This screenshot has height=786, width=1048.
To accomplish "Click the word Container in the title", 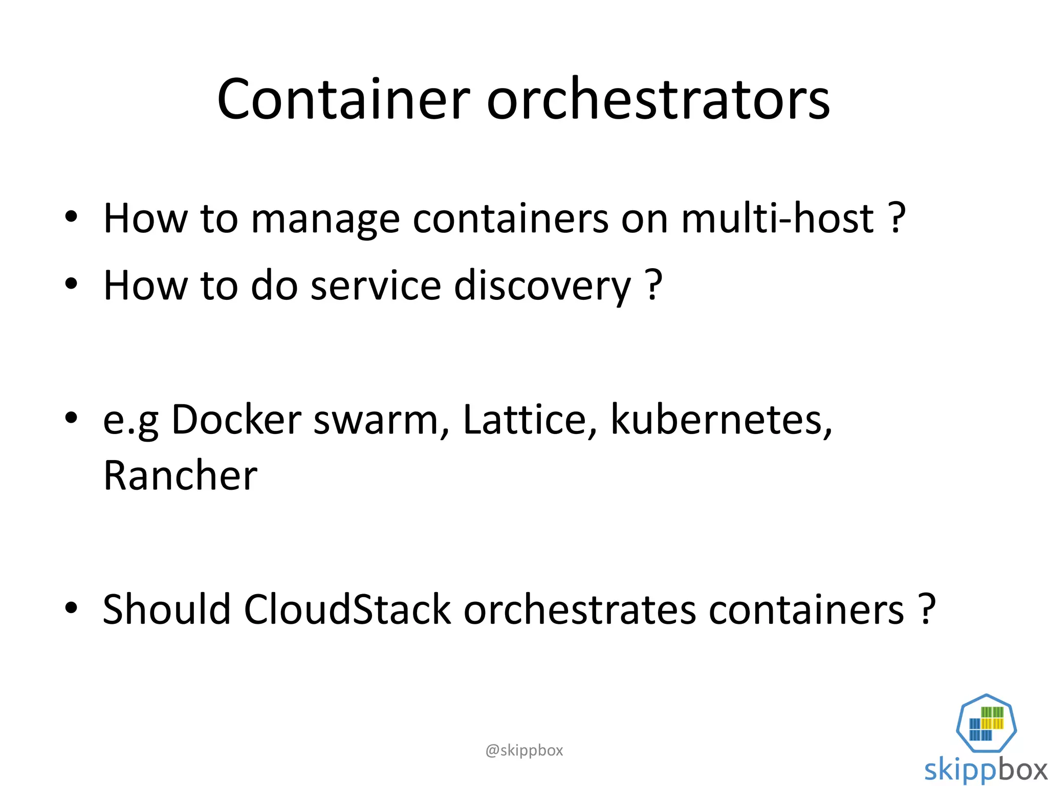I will [x=343, y=99].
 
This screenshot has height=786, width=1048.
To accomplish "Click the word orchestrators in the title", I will [x=658, y=99].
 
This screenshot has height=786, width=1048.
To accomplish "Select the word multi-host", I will [x=777, y=219].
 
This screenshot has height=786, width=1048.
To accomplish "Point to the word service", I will [x=376, y=286].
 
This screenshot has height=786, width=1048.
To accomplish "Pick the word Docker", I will [x=236, y=420].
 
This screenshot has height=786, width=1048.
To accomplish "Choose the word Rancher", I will [x=180, y=476].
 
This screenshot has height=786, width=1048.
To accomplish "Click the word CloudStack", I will [x=347, y=609].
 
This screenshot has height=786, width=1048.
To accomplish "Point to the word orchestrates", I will [x=580, y=609].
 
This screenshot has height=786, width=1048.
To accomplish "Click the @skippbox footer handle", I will [x=524, y=750].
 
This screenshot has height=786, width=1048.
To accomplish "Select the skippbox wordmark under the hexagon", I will [x=986, y=770].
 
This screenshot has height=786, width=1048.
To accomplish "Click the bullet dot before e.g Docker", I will [x=71, y=418].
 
